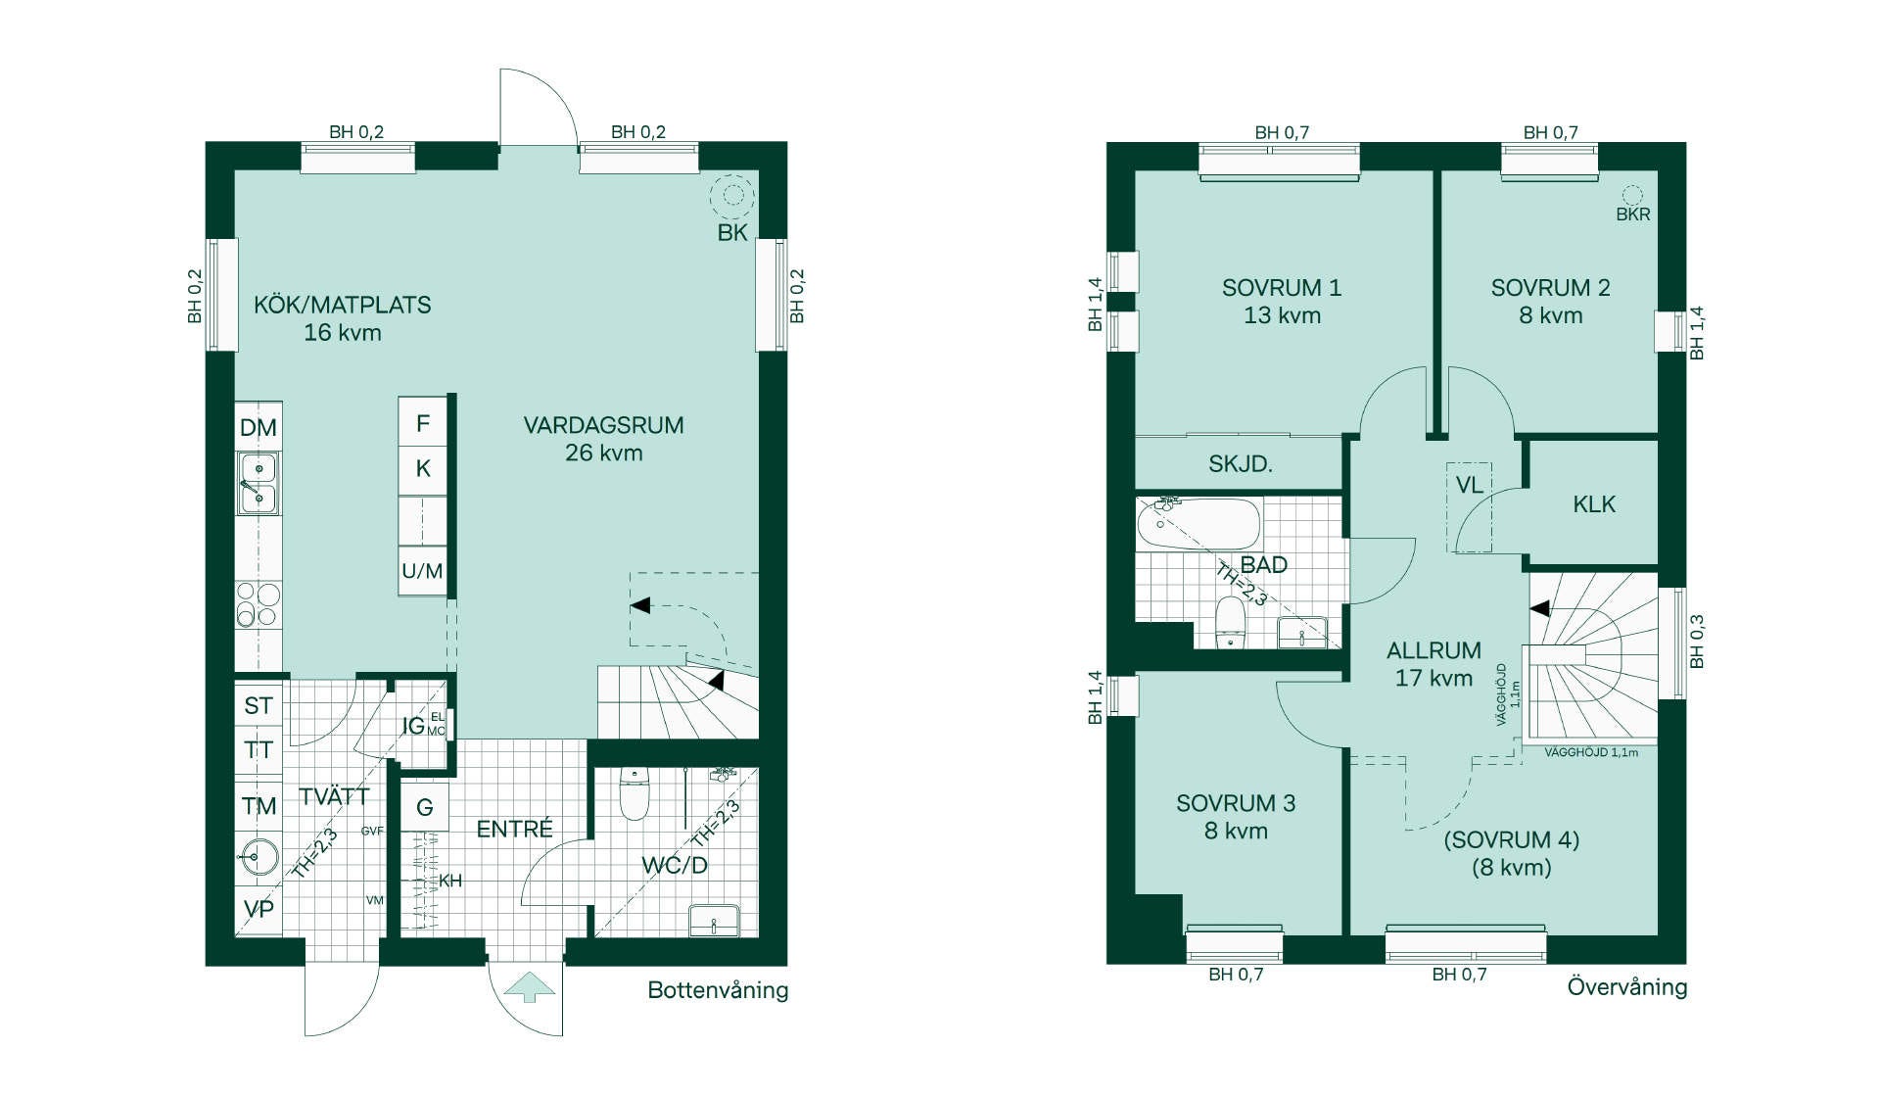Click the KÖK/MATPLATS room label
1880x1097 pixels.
pyautogui.click(x=343, y=318)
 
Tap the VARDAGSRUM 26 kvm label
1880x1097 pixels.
pyautogui.click(x=603, y=439)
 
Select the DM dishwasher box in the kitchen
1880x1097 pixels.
pyautogui.click(x=258, y=427)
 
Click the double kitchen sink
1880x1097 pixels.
pyautogui.click(x=258, y=484)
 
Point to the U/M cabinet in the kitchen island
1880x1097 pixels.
pyautogui.click(x=422, y=571)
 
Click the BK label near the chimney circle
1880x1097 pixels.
pyautogui.click(x=732, y=233)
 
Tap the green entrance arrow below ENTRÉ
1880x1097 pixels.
pyautogui.click(x=530, y=987)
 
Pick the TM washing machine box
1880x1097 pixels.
pyautogui.click(x=258, y=806)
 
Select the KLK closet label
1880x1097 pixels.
pyautogui.click(x=1594, y=504)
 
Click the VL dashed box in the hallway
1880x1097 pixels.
pyautogui.click(x=1469, y=507)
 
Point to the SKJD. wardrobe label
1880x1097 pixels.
pyautogui.click(x=1241, y=464)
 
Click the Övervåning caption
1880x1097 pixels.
pyautogui.click(x=1627, y=986)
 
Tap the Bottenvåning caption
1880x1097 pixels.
pyautogui.click(x=718, y=990)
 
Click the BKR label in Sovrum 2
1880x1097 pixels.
pyautogui.click(x=1633, y=215)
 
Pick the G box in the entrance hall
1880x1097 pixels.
pyautogui.click(x=425, y=807)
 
